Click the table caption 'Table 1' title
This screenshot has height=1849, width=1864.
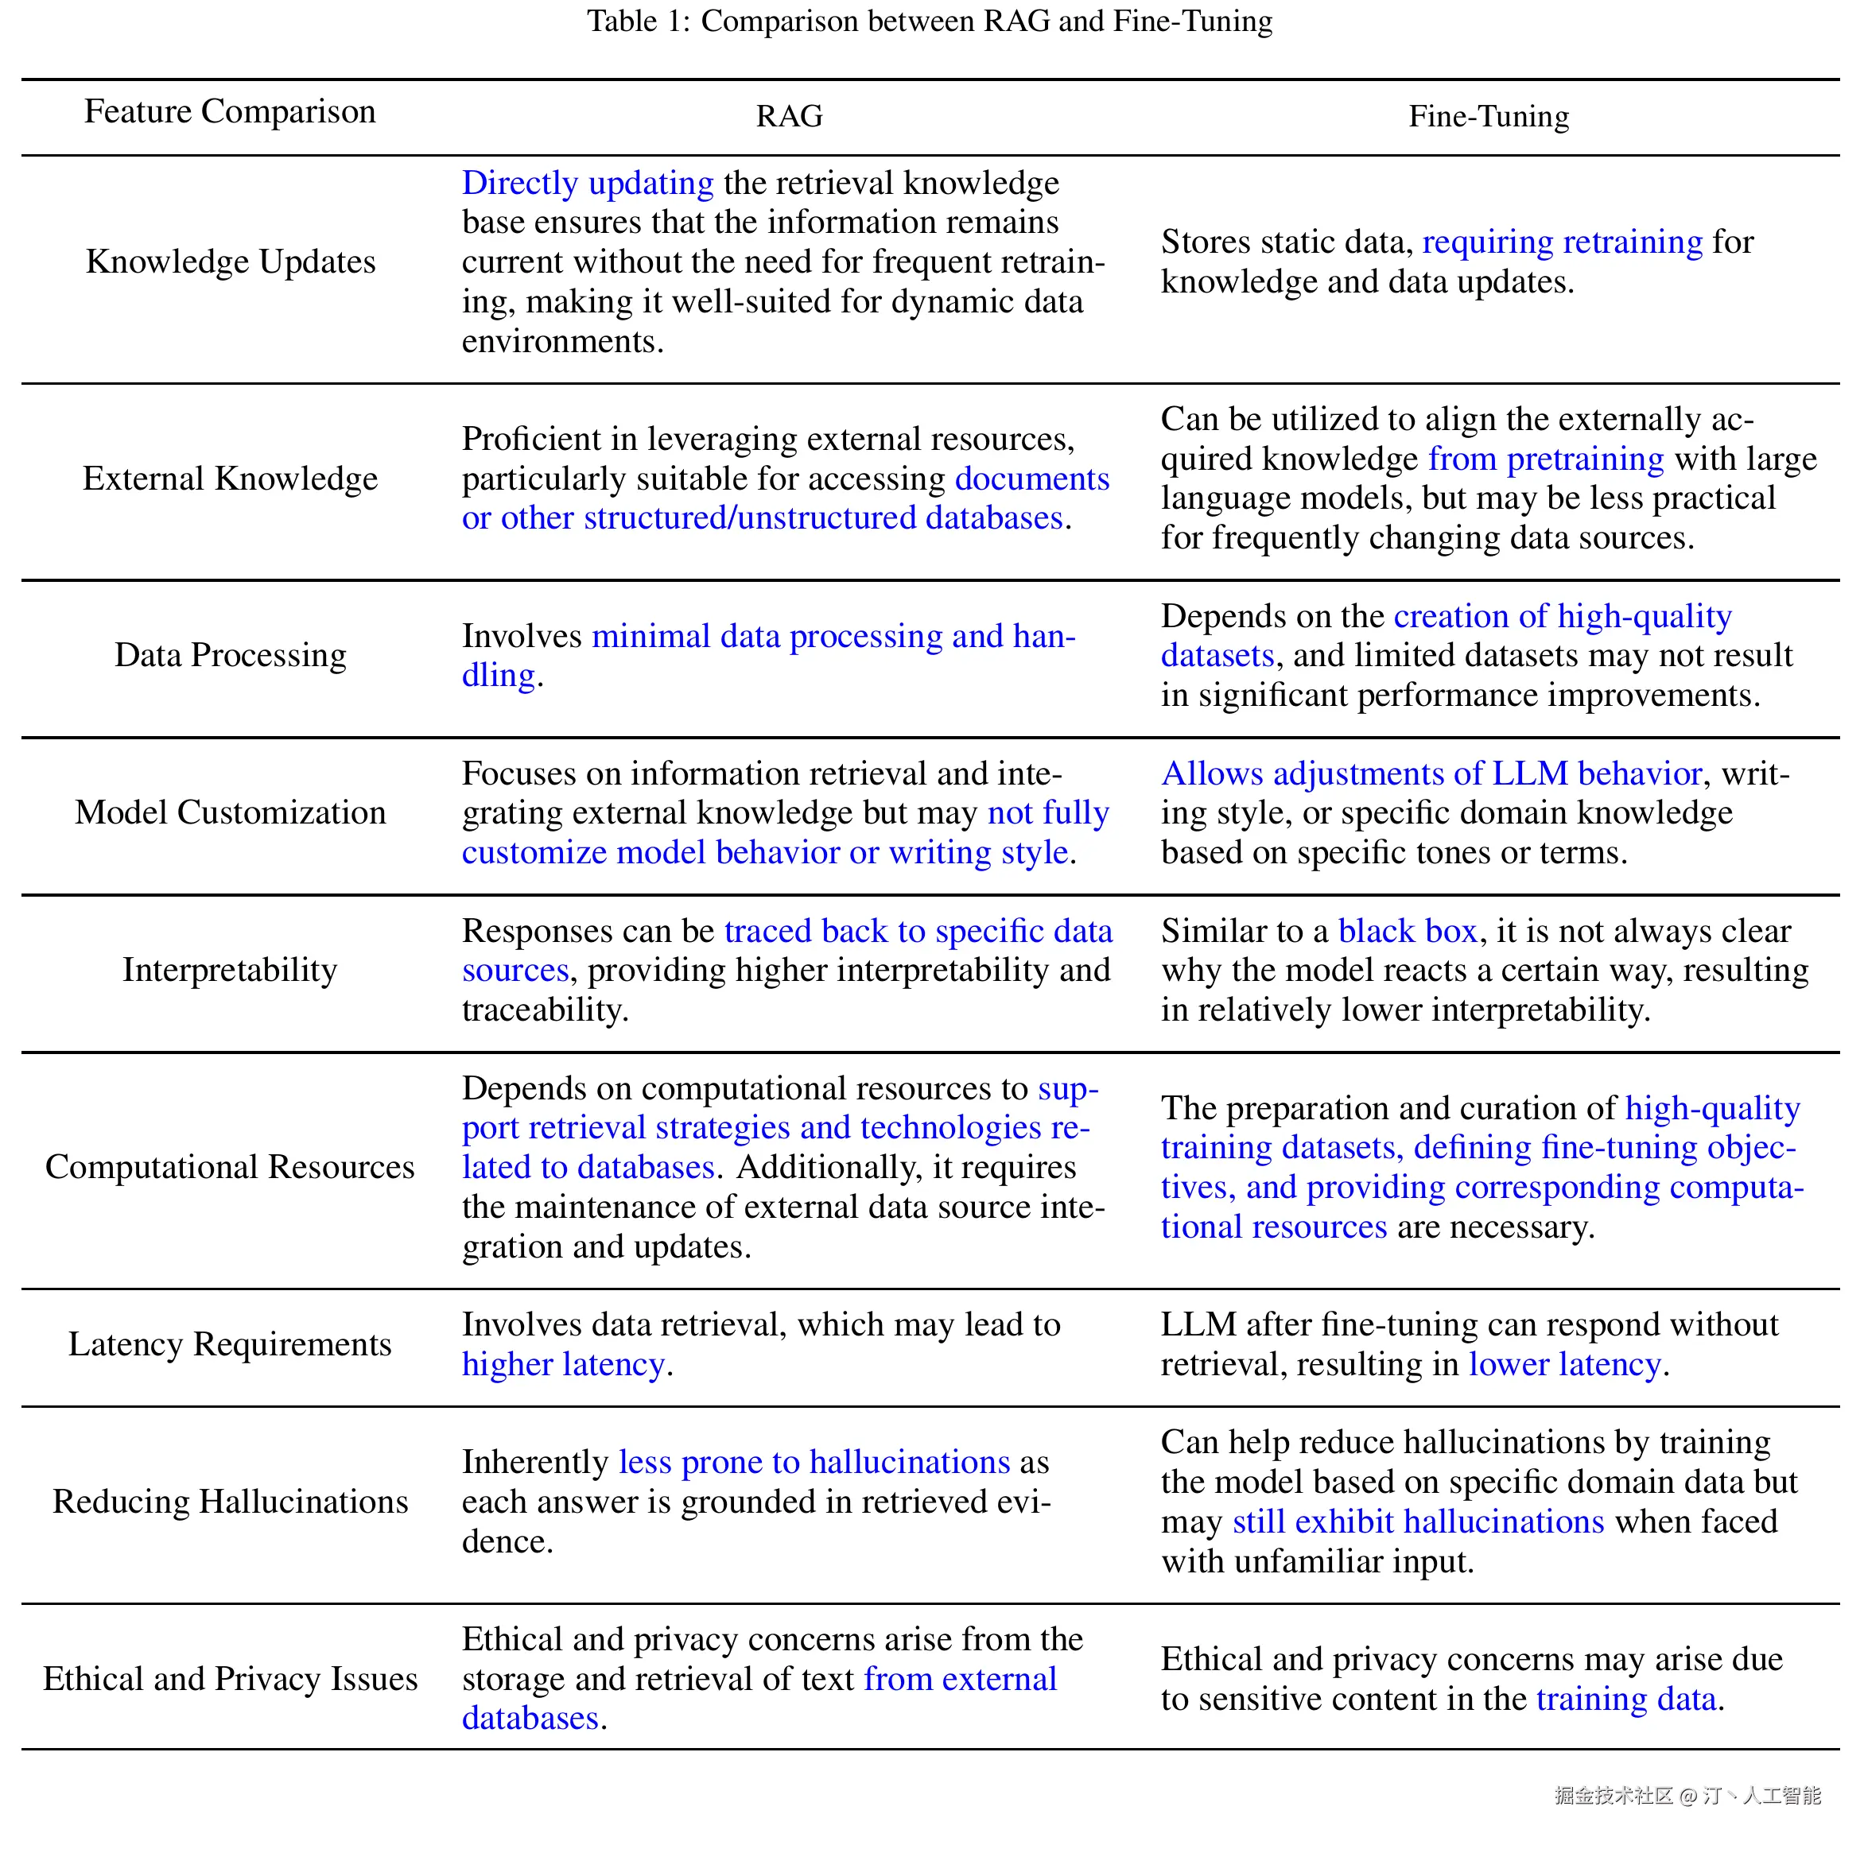(929, 21)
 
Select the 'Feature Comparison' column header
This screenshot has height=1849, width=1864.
(230, 112)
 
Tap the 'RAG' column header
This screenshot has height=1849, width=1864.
(788, 117)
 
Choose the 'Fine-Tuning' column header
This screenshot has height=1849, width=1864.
(1488, 117)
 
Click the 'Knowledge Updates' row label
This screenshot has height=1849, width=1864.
(231, 262)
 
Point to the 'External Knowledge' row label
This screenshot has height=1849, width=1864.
(230, 479)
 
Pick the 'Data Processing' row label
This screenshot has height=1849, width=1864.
(230, 655)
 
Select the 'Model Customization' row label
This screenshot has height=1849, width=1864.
(230, 812)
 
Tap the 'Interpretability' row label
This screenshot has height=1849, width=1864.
(230, 969)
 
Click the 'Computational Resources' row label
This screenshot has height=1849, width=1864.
(230, 1167)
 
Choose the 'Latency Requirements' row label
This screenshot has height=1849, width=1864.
(230, 1344)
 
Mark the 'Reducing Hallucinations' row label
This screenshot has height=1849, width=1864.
(230, 1502)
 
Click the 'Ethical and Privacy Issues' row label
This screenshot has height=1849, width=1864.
(230, 1679)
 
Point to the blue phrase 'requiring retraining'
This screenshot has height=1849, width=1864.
(1562, 242)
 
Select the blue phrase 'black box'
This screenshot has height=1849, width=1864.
(1407, 931)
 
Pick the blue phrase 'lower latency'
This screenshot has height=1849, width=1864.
(1564, 1365)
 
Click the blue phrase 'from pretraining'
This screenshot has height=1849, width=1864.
(1546, 459)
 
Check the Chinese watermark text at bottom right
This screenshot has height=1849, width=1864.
(1687, 1795)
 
